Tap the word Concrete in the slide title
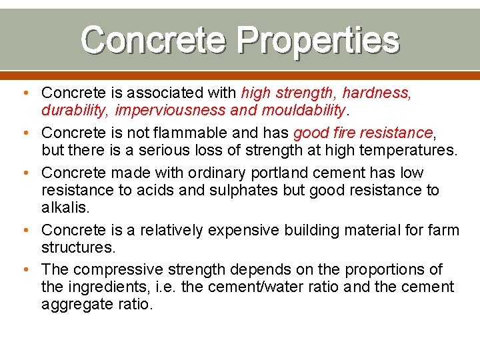153,41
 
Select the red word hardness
377,92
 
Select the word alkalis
65,207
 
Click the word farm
443,230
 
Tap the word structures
79,247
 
